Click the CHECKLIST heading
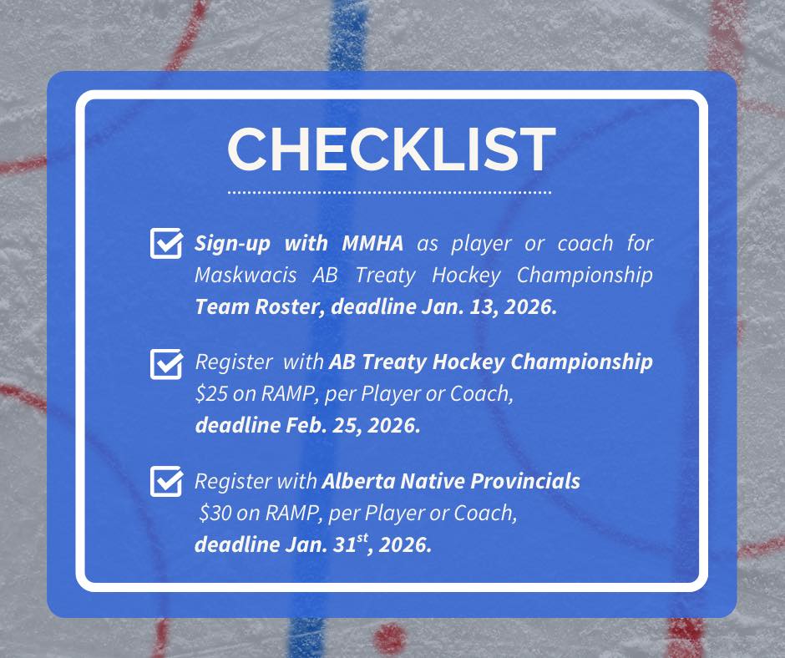point(391,149)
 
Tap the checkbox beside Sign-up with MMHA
point(166,243)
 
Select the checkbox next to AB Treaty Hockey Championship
point(166,364)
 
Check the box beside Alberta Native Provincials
point(166,481)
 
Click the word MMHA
point(372,243)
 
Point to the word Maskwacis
point(246,275)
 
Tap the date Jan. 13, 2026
point(489,306)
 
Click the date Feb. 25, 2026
point(352,425)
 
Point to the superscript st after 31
point(362,538)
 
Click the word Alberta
point(357,481)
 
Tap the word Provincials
point(525,481)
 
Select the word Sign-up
point(232,244)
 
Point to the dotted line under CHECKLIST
point(389,192)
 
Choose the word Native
point(432,481)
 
